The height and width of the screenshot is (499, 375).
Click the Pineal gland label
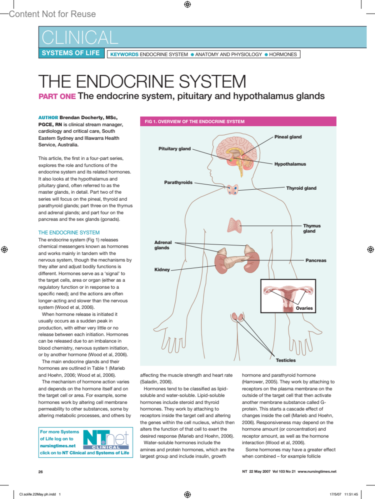pyautogui.click(x=288, y=137)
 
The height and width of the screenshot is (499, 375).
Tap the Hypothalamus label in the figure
pyautogui.click(x=290, y=164)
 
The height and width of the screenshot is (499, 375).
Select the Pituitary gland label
pyautogui.click(x=174, y=149)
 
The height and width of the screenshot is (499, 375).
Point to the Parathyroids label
pyautogui.click(x=178, y=182)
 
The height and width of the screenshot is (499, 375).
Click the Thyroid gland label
pyautogui.click(x=301, y=188)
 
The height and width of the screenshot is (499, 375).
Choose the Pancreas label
pyautogui.click(x=316, y=260)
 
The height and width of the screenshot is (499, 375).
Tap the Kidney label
pyautogui.click(x=162, y=270)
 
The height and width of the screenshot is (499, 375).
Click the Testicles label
pyautogui.click(x=286, y=360)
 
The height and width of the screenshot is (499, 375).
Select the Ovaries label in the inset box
pyautogui.click(x=304, y=308)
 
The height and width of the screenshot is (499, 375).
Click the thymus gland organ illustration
pyautogui.click(x=234, y=225)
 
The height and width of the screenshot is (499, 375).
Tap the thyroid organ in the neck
pyautogui.click(x=232, y=189)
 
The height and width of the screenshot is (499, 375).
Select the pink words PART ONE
pyautogui.click(x=57, y=96)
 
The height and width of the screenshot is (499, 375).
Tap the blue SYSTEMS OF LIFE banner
pyautogui.click(x=71, y=53)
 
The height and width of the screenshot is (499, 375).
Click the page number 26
pyautogui.click(x=41, y=472)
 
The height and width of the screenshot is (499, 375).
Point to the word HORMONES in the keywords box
pyautogui.click(x=283, y=54)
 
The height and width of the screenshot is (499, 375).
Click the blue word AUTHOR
pyautogui.click(x=48, y=118)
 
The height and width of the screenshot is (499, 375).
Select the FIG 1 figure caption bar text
pyautogui.click(x=194, y=122)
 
